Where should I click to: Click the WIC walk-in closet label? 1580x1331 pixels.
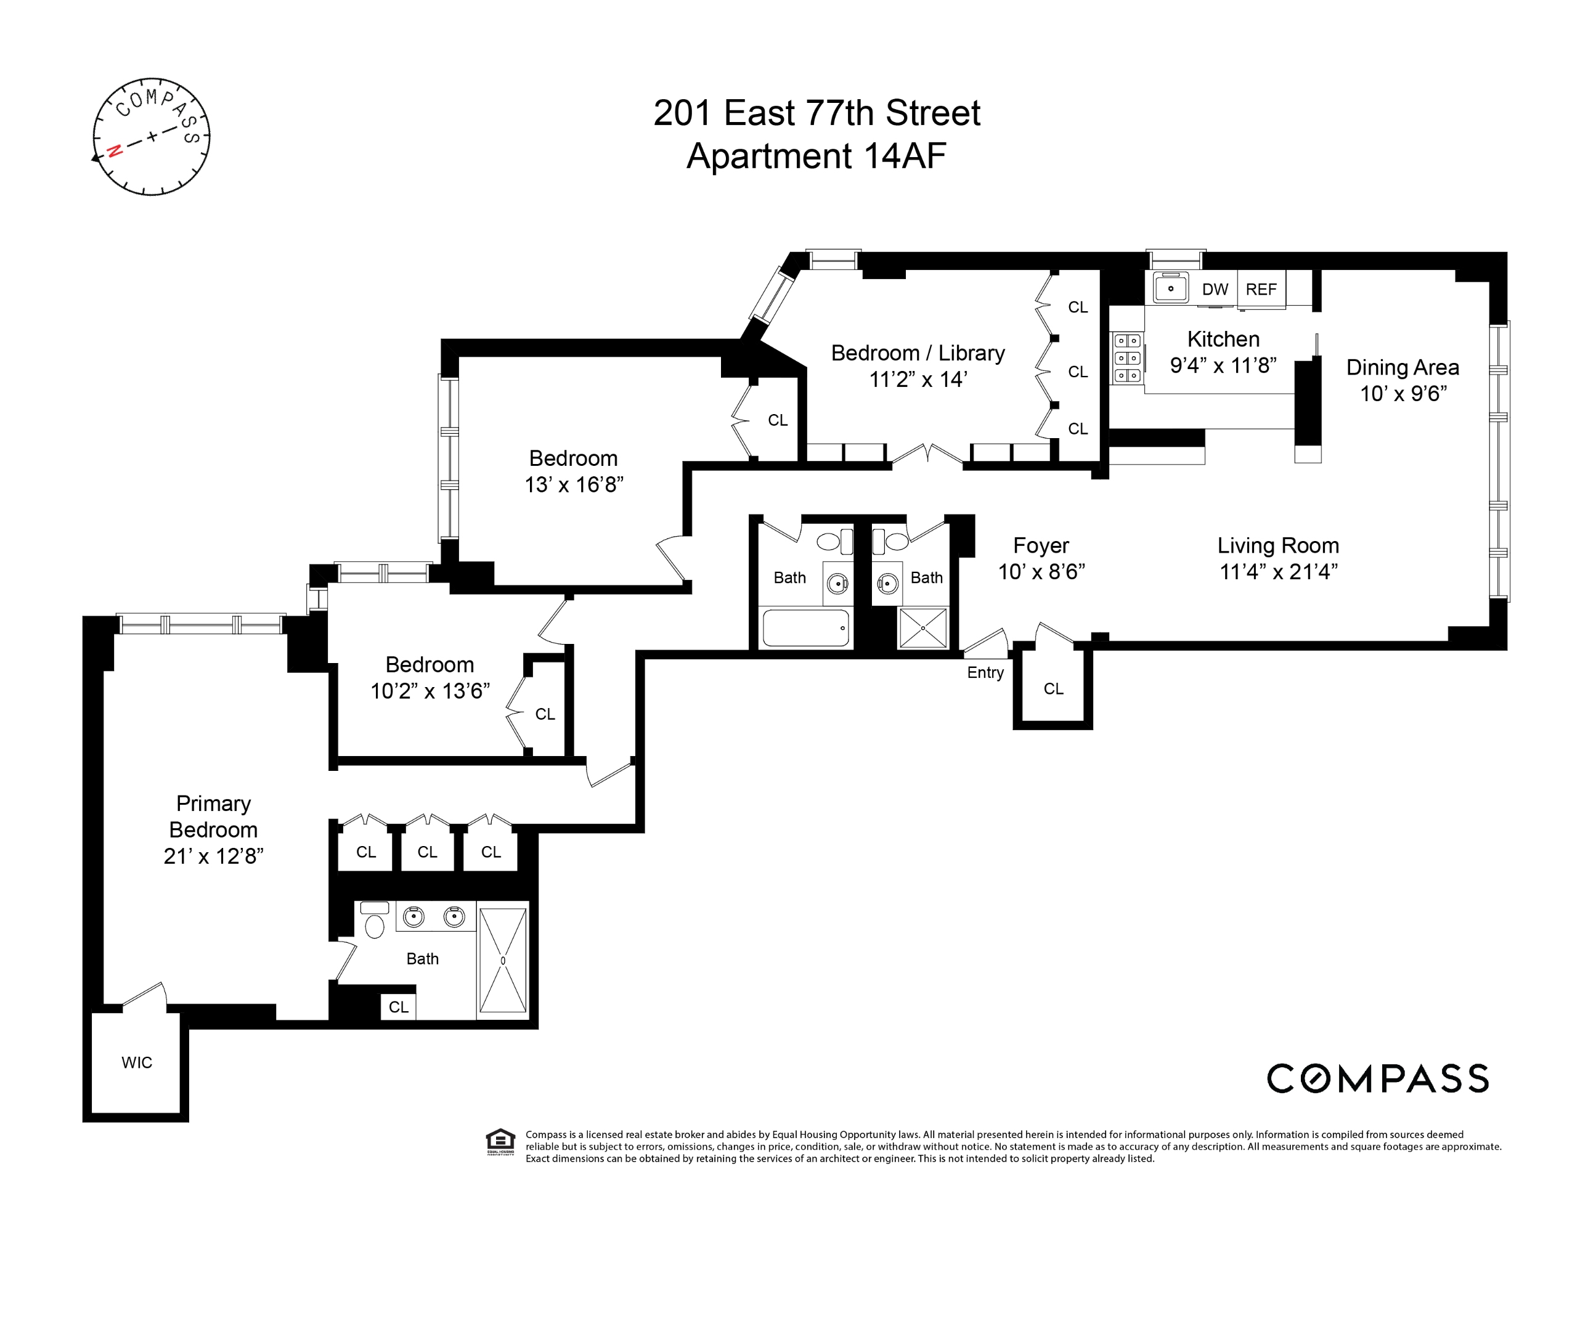pos(137,1062)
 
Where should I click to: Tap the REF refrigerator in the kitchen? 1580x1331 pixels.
pos(1261,290)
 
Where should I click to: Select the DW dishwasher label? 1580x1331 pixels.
pos(1215,290)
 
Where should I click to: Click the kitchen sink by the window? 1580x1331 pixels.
pos(1170,288)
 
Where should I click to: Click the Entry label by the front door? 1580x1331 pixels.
pos(985,672)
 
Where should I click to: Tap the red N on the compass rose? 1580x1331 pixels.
pos(115,150)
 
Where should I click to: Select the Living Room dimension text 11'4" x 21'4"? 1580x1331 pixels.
pos(1278,572)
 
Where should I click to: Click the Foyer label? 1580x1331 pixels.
pos(1041,545)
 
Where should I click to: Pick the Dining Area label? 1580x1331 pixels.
pos(1402,367)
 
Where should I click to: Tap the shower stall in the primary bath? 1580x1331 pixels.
pos(502,960)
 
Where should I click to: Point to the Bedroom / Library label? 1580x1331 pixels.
pos(918,353)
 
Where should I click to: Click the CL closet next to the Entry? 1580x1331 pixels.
pos(1053,688)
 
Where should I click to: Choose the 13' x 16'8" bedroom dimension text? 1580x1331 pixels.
pos(574,484)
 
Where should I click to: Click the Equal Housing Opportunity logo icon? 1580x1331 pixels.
pos(500,1141)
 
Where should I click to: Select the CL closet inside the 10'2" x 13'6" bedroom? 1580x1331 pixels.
pos(545,714)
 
